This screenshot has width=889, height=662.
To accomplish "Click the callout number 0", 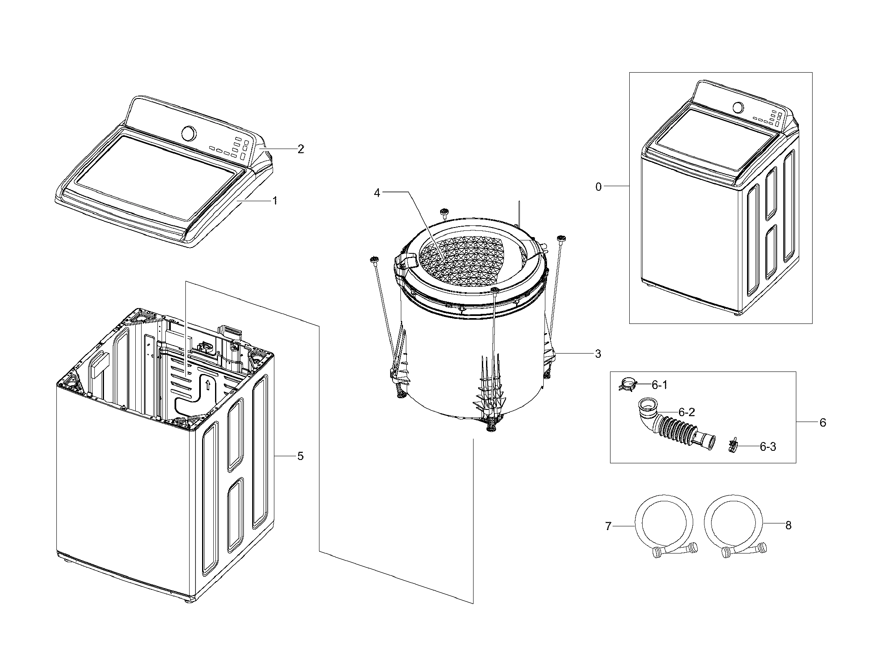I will tap(598, 187).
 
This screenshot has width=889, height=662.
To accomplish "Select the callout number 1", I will tap(275, 201).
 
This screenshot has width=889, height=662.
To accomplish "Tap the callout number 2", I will tap(301, 149).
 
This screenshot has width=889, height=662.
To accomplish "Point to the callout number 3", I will tap(598, 354).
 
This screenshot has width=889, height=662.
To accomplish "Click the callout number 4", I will tap(377, 194).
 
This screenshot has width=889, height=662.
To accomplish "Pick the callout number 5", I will tap(300, 456).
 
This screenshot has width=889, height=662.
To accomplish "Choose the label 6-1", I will tap(659, 385).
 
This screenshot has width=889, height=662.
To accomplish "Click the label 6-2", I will tap(686, 412).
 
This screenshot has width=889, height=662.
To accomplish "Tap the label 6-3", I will tap(767, 447).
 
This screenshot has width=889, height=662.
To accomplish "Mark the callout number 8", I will tap(788, 526).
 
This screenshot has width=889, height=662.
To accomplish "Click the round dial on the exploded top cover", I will tap(189, 134).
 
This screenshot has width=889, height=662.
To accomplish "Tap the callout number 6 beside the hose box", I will tap(822, 422).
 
